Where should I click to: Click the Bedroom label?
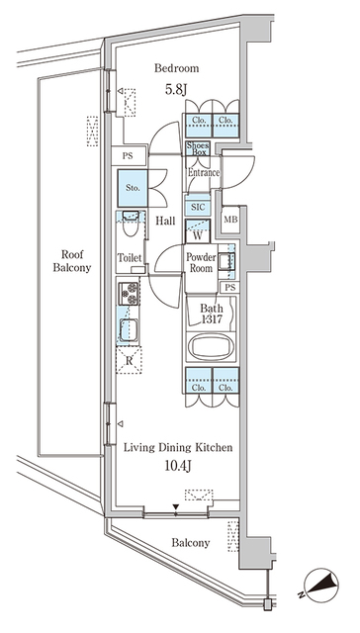click(176, 68)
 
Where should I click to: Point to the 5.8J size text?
click(176, 89)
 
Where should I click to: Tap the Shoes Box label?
click(198, 148)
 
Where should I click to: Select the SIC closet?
click(198, 207)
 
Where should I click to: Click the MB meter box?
click(230, 220)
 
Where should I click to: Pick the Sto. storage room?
click(133, 188)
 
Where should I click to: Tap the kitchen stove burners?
click(129, 294)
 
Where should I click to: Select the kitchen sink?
click(129, 329)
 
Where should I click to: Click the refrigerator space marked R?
click(129, 360)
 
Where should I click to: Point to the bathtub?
click(210, 346)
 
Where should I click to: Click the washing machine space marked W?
click(198, 231)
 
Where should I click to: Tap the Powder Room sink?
click(224, 262)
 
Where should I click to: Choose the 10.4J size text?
click(178, 466)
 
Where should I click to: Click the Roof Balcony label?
click(72, 261)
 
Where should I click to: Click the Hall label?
click(165, 221)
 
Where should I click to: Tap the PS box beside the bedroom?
click(128, 156)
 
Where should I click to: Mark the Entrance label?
click(204, 173)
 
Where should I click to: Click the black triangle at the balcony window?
click(176, 507)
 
